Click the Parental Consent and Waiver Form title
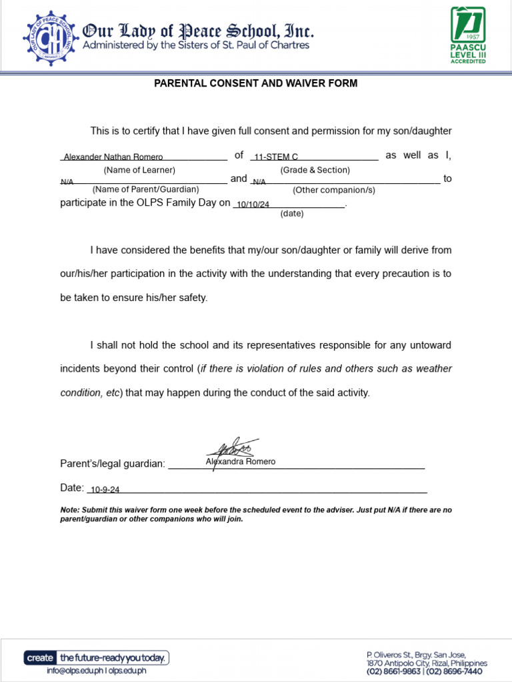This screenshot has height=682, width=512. coord(256,83)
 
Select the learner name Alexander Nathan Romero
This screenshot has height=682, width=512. coord(113,157)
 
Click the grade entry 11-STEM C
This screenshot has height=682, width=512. coord(275,157)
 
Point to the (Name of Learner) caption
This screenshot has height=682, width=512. coord(139,170)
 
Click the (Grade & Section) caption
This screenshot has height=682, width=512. coord(315,170)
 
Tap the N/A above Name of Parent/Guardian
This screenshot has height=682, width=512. coord(67,181)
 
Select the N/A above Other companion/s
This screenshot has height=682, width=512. coord(259,181)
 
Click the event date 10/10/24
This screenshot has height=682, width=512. coord(253,205)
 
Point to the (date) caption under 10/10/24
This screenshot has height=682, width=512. coord(292,214)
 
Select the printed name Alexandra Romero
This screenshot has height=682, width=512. coord(240,462)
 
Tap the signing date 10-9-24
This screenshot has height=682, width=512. coord(105,490)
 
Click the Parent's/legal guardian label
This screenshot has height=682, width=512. coord(112,464)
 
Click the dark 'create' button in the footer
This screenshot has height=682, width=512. coord(40,658)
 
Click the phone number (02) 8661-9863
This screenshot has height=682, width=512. coord(394,671)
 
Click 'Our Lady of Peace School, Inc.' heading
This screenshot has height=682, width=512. coord(197,31)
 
